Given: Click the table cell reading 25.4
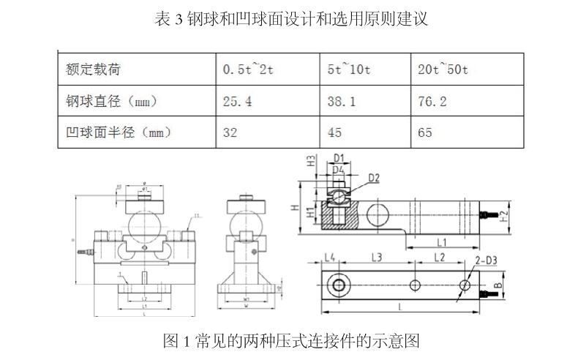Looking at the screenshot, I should coord(238,102).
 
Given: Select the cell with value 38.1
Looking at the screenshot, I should coord(341,102).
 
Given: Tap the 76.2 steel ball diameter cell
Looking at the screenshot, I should coord(432,102).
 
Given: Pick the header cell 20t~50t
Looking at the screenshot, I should coord(443,70).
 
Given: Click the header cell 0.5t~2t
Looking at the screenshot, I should coord(249,70).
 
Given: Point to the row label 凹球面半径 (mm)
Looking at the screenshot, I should coord(118,132).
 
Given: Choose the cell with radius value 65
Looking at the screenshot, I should coord(425,132).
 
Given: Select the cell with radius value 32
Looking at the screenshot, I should coord(231,132).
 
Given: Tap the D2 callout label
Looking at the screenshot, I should coord(374,177).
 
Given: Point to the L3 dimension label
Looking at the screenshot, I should coord(377,257).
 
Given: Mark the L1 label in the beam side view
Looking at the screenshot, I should coord(442,241).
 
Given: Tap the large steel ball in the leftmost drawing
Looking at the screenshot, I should coord(144,222).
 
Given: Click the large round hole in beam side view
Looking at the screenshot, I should coord(378,213).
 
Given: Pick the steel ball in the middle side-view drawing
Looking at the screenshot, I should coord(244,222).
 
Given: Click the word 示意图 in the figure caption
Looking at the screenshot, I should coord(399,340).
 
